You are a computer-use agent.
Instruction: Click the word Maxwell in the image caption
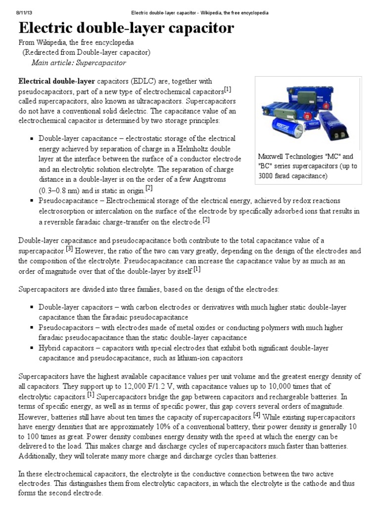[x=272, y=156]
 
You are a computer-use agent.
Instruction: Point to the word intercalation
[x=110, y=211]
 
